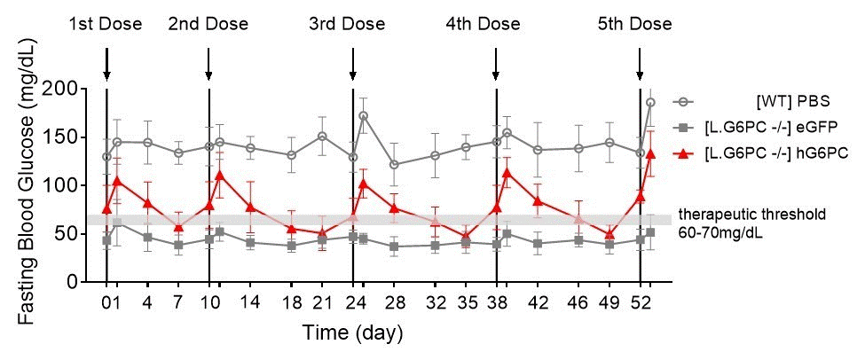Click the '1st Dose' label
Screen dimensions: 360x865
click(106, 24)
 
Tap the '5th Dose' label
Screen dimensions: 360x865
click(634, 24)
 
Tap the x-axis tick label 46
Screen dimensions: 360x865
click(578, 300)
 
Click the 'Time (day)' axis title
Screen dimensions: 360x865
click(353, 333)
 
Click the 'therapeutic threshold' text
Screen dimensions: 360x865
click(751, 214)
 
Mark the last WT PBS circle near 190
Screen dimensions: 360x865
click(650, 102)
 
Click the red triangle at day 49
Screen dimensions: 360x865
click(609, 235)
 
